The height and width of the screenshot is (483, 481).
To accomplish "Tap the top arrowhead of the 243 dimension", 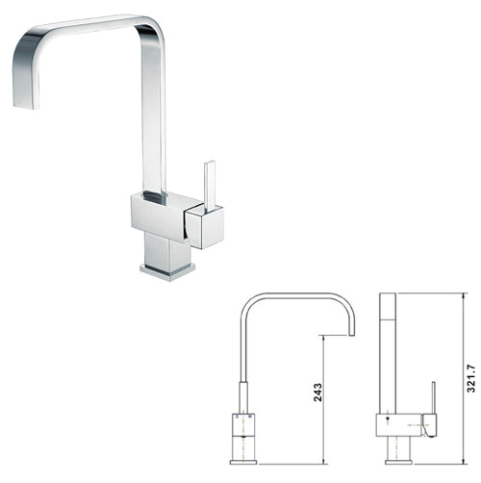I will pos(324,339).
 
